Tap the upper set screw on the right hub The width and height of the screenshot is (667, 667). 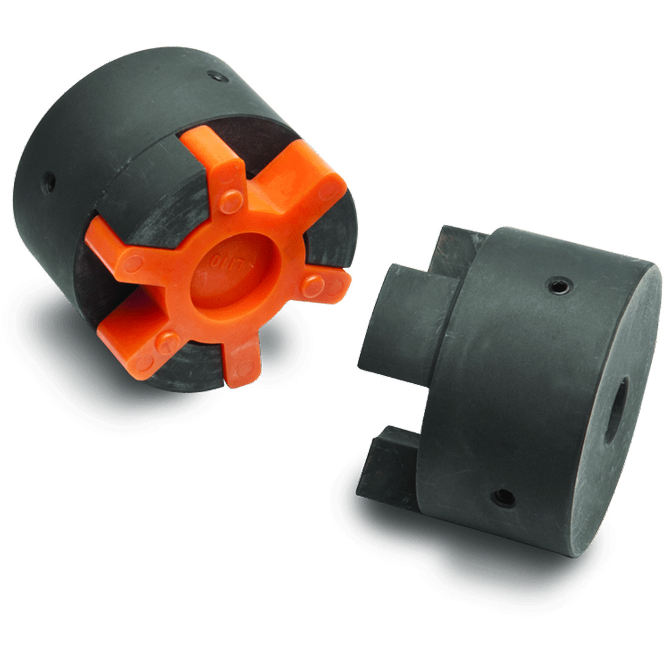(557, 283)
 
